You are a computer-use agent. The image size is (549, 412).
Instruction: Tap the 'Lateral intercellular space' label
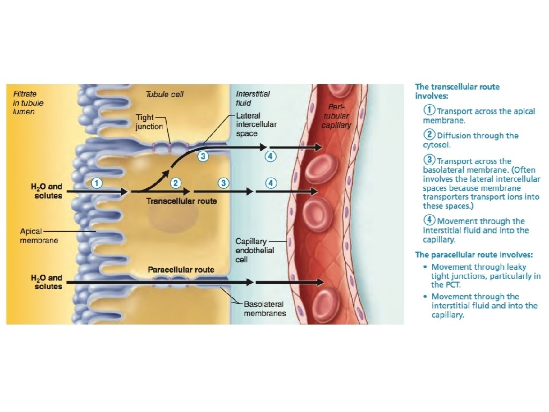point(256,124)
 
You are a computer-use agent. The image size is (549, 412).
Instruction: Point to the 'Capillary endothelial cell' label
point(255,251)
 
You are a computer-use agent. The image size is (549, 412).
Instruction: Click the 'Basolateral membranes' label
point(264,308)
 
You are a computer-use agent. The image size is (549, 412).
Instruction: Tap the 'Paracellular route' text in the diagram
point(181,269)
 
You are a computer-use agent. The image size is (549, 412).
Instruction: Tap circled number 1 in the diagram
point(97,182)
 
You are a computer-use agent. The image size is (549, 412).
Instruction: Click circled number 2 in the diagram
point(175,182)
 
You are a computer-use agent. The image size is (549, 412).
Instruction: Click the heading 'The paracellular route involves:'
point(474,254)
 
